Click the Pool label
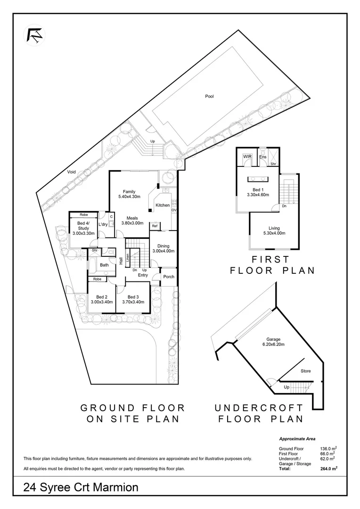[x=209, y=97]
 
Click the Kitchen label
[x=163, y=205]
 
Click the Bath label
[x=104, y=265]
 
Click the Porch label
[x=168, y=277]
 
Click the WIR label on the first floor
[x=247, y=156]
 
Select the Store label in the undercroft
[x=306, y=371]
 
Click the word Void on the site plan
[x=72, y=172]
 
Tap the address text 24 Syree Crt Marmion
[x=81, y=487]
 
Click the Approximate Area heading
[x=297, y=438]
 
